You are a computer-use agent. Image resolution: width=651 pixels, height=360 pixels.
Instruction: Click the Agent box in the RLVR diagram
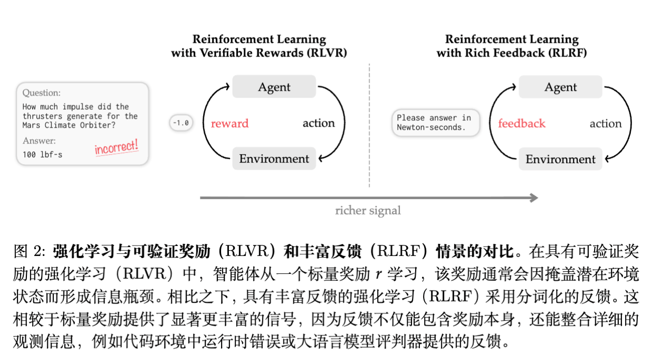pos(274,87)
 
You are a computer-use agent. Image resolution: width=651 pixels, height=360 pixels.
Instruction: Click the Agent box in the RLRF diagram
pos(560,87)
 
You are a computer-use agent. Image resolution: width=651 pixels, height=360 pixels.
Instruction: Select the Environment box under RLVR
pos(274,159)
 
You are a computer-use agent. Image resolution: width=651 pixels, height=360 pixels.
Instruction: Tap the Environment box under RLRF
pos(560,159)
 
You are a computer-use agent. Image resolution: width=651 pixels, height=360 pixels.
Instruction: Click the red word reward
pos(229,124)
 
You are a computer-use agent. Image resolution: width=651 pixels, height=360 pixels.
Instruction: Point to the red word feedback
pos(521,124)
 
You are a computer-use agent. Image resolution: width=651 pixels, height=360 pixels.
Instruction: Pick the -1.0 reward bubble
pos(180,123)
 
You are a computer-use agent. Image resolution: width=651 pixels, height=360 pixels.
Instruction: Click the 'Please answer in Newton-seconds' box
pos(435,122)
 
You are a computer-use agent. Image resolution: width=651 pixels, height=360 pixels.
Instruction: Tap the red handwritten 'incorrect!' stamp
pos(117,147)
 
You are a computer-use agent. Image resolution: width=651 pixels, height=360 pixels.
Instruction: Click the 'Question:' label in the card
pos(41,93)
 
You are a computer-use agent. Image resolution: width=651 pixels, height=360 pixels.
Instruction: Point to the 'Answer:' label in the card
pos(39,141)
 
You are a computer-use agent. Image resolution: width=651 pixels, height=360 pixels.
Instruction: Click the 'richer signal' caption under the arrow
pos(368,211)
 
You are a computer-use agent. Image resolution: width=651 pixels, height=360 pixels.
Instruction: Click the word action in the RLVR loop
pos(318,124)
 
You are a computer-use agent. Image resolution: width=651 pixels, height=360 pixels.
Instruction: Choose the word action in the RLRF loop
pos(605,124)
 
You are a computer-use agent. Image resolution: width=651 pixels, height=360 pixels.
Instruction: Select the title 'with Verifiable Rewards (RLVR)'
pos(259,53)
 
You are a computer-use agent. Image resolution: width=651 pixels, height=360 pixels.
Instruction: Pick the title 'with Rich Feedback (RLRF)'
pos(511,53)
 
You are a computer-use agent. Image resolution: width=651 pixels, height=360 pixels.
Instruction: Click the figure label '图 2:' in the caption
pos(30,251)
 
